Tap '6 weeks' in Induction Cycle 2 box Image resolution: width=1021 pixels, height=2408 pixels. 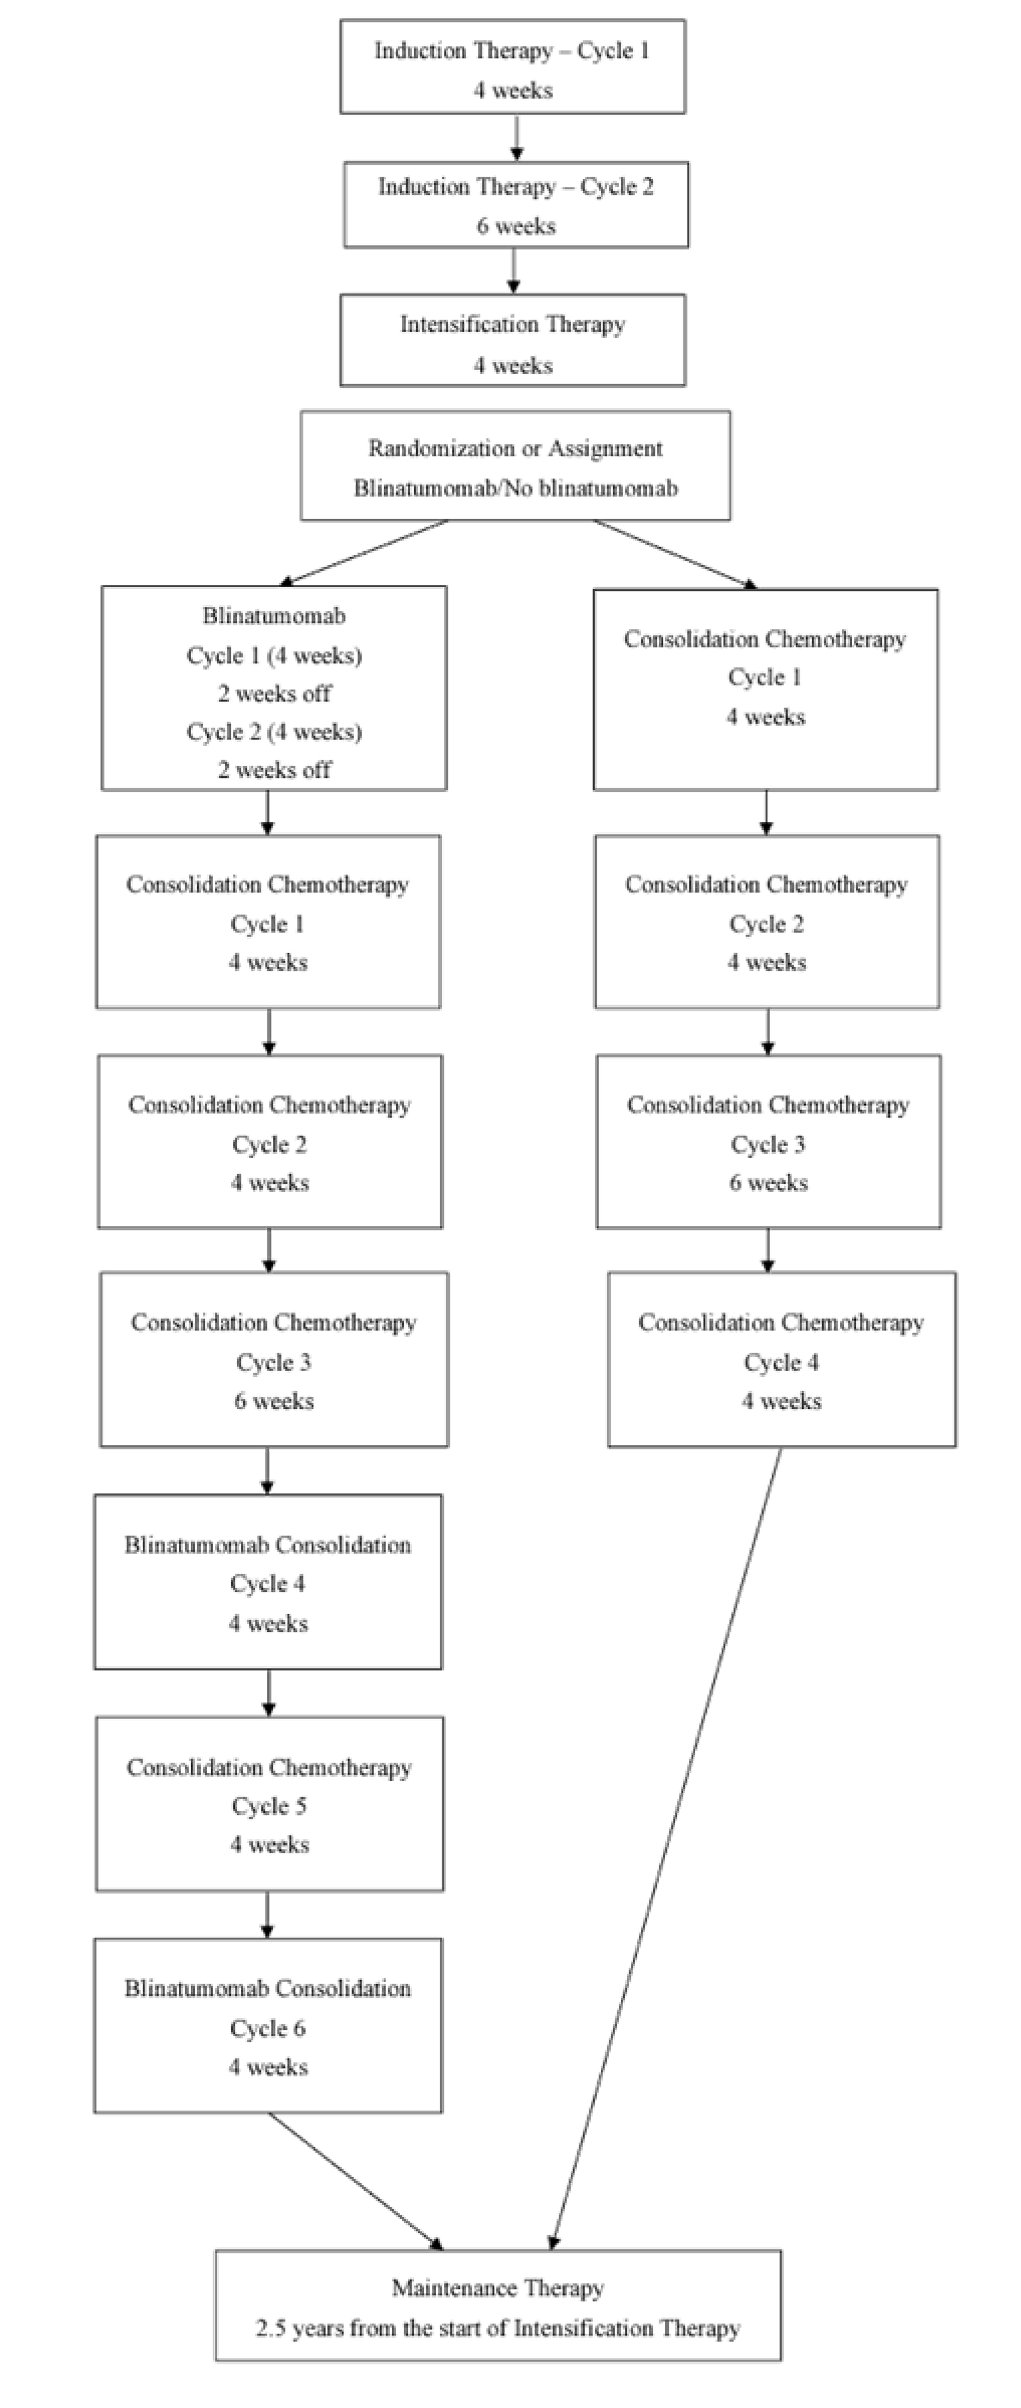512,227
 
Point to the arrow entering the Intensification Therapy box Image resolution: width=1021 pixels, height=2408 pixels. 512,279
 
